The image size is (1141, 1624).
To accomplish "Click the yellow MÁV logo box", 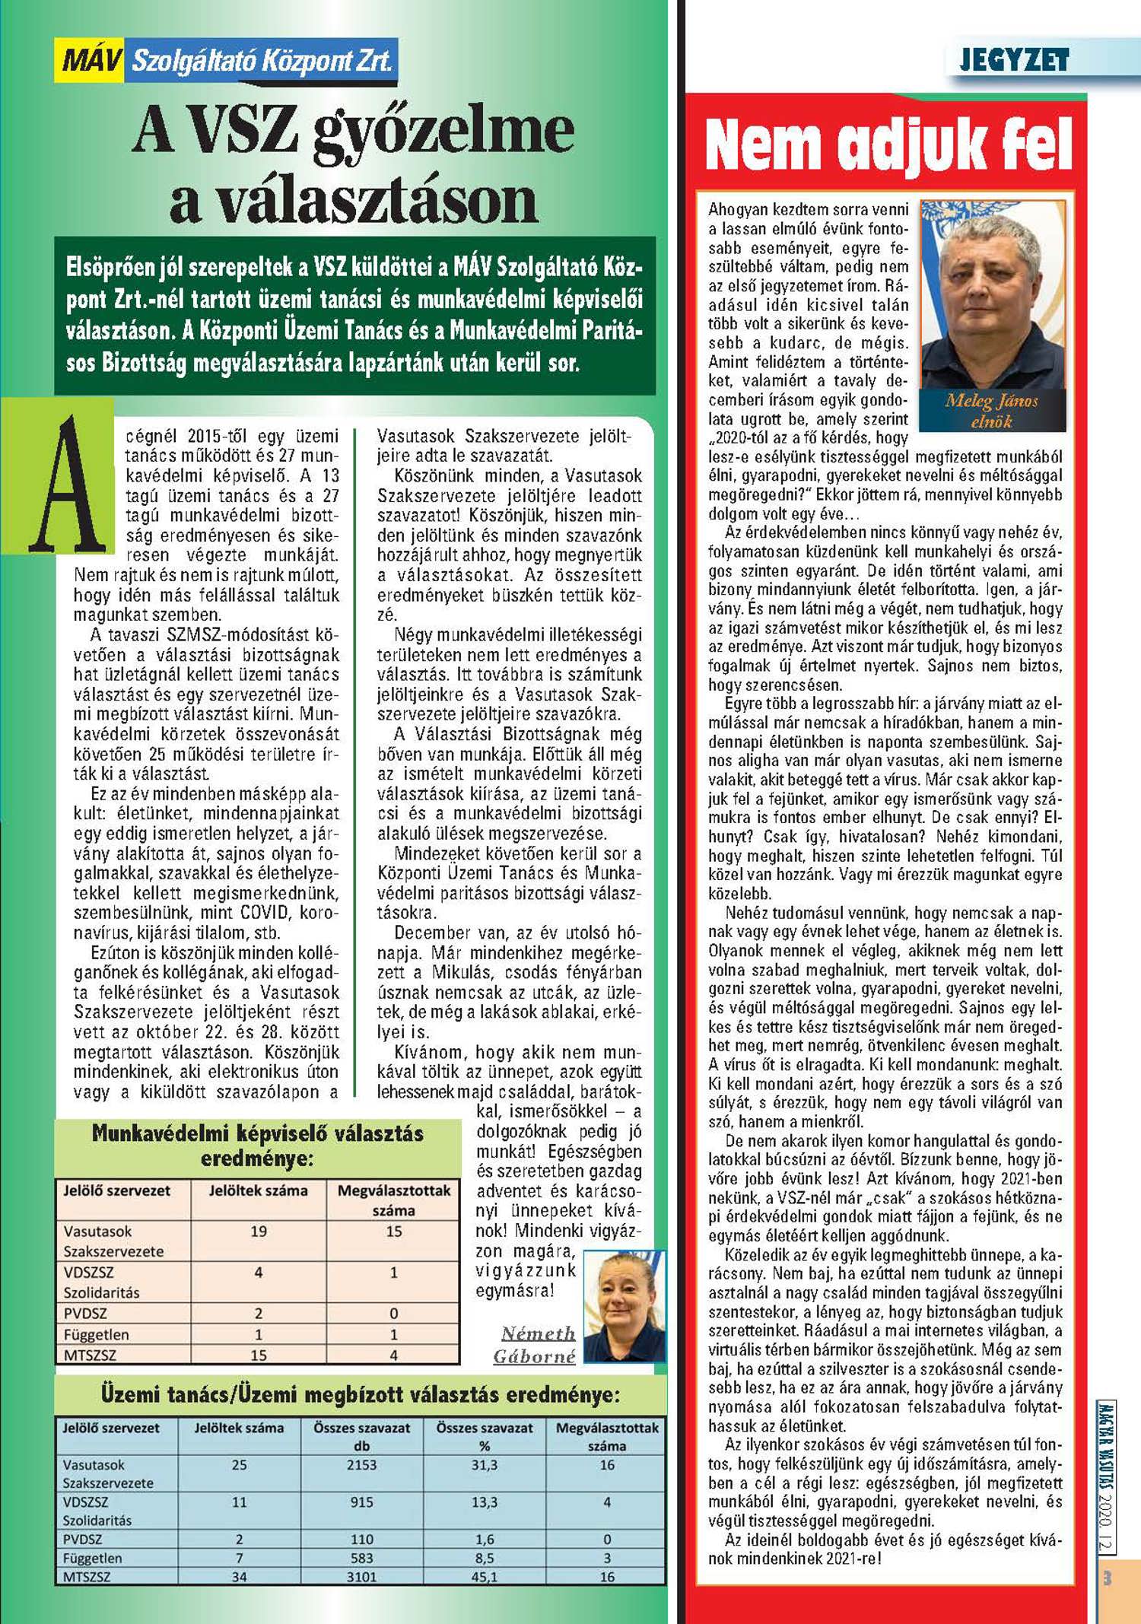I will click(90, 60).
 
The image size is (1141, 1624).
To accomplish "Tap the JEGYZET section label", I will click(1014, 60).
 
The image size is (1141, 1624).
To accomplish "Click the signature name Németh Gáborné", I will click(537, 1344).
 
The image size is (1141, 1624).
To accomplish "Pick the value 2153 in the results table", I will click(361, 1464).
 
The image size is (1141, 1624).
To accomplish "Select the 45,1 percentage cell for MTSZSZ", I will click(484, 1577).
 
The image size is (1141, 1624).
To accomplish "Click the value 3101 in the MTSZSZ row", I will click(361, 1577).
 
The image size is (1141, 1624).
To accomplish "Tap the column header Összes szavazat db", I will click(361, 1436).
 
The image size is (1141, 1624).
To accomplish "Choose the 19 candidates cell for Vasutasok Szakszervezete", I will click(258, 1231).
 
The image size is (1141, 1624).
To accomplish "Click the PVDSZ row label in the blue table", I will click(82, 1539).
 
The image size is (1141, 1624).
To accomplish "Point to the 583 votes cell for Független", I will click(361, 1558).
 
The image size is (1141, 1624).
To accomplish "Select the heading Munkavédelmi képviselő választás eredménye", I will click(257, 1146).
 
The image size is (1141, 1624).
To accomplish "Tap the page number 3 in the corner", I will click(1108, 1578).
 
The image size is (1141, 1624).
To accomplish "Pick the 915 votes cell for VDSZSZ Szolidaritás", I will click(361, 1502).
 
